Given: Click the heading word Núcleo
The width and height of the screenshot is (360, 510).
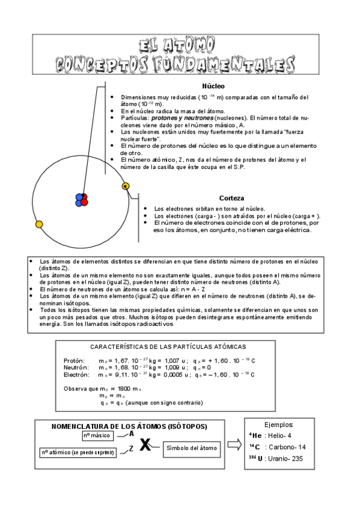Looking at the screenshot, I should pos(213,86).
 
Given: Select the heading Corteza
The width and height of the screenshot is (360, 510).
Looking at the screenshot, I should pos(231,197).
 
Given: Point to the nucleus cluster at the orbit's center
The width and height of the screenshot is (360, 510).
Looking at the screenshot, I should pos(81,199).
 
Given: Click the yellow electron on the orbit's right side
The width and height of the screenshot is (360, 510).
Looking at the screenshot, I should pos(125,186).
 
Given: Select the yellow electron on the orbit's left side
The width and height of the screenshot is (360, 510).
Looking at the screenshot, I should pos(39,224).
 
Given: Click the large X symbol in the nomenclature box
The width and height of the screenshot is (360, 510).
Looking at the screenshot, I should pos(145,446).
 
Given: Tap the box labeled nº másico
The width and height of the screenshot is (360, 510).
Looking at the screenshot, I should pos(97,435).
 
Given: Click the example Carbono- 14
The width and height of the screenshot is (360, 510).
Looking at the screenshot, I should pos(285,447).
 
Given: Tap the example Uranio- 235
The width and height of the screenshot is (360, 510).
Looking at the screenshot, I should pos(282,459).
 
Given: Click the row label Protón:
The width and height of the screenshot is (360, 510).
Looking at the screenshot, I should pos(76,360).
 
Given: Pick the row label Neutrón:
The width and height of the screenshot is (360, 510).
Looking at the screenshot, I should pos(77,367).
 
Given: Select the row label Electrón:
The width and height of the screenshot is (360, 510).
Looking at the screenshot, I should pos(78,375).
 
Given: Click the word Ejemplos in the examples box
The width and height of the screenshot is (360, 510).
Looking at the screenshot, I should pos(279,424).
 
